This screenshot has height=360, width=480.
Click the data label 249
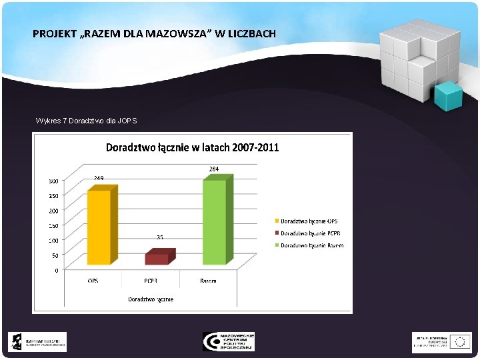click(x=99, y=178)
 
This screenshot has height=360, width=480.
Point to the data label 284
click(x=214, y=169)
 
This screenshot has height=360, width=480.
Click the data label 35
click(x=160, y=237)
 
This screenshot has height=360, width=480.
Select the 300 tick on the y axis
click(x=53, y=181)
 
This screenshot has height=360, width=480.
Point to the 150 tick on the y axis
click(x=53, y=225)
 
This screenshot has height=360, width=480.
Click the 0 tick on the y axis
click(x=56, y=270)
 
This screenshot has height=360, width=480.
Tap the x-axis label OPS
click(x=93, y=281)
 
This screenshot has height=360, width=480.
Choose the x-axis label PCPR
click(x=151, y=281)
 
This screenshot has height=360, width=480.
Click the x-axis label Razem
click(x=208, y=281)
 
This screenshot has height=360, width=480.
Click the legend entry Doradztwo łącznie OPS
click(x=308, y=221)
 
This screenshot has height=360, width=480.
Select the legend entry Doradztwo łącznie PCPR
click(x=309, y=233)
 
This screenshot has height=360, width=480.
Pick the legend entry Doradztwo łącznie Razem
click(x=311, y=245)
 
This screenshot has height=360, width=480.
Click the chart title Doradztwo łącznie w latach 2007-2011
click(x=192, y=147)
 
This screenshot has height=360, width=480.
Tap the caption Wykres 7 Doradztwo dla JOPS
click(x=86, y=121)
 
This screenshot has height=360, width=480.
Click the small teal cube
click(x=447, y=96)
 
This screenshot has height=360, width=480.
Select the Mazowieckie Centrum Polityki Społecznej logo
click(x=229, y=341)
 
